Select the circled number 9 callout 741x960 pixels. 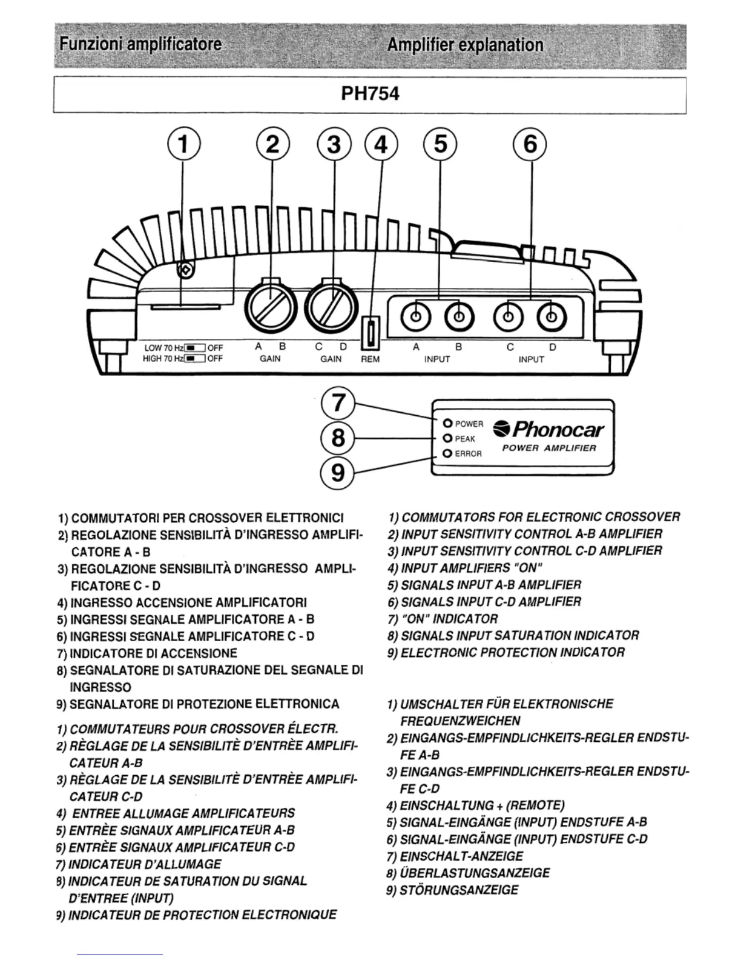(x=338, y=472)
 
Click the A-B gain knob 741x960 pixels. (x=270, y=304)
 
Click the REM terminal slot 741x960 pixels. (x=370, y=333)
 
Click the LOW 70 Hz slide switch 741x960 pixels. (x=194, y=348)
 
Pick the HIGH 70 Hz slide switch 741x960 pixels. (x=194, y=358)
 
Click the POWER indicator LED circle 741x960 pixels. (x=447, y=423)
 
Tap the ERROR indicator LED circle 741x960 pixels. (x=447, y=453)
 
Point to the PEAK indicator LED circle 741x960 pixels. (x=447, y=438)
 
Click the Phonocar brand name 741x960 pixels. (x=550, y=430)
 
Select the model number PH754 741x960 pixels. (x=370, y=95)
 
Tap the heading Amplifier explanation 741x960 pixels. (x=464, y=45)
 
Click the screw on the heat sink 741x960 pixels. (x=186, y=269)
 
